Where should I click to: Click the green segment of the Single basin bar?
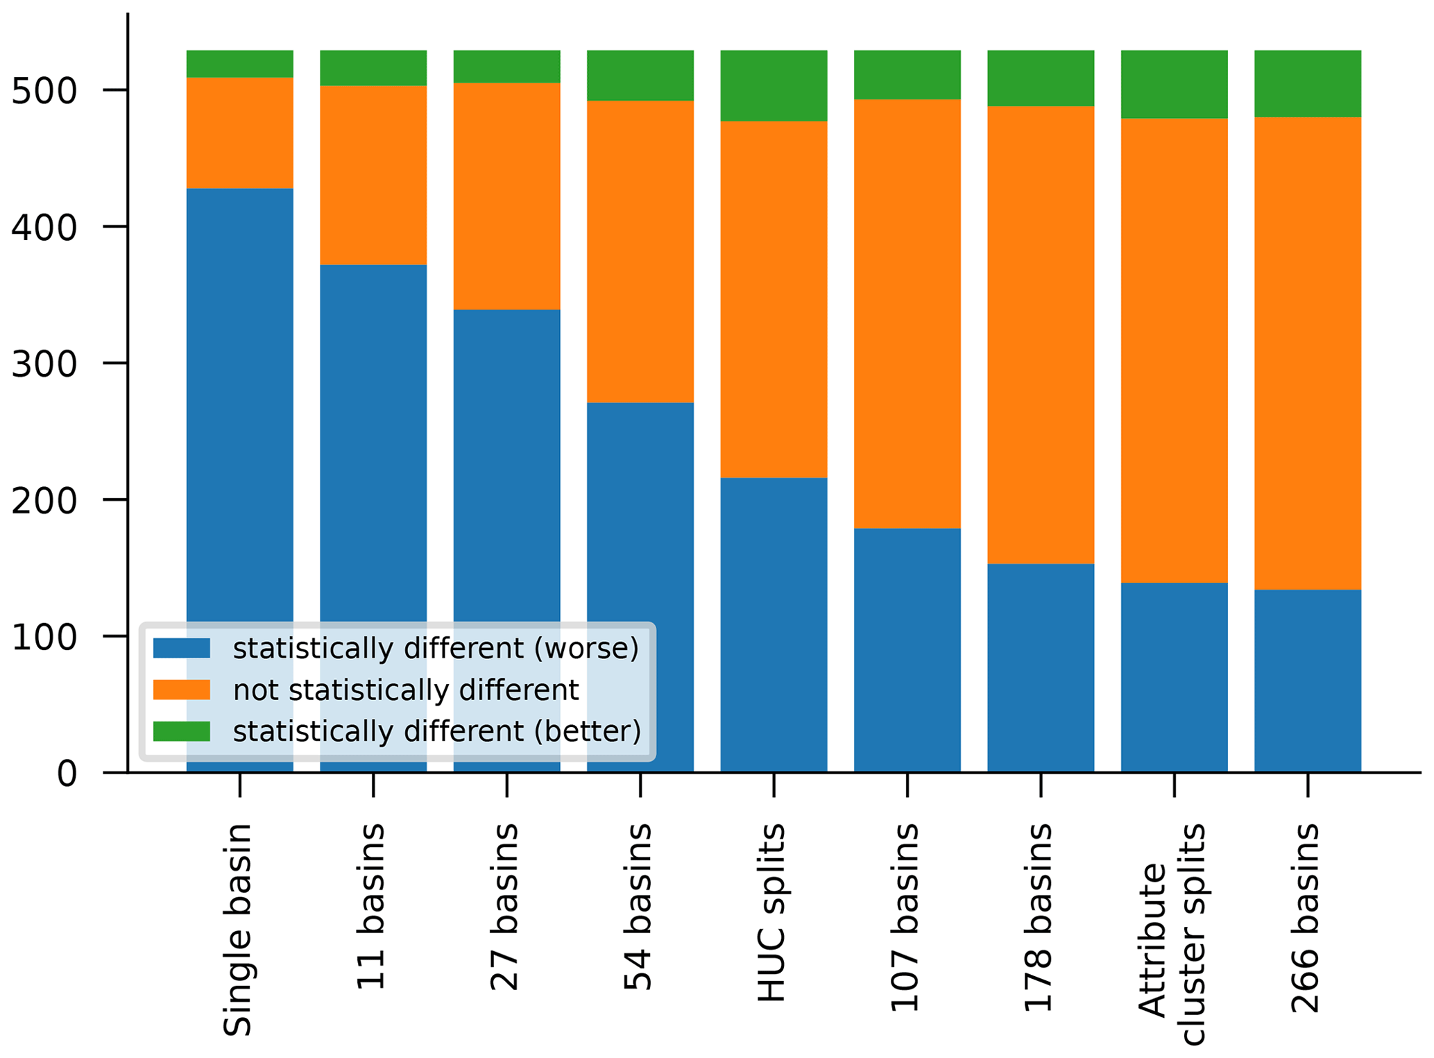point(239,64)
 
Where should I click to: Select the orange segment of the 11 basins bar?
point(373,175)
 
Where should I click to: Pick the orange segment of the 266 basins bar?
point(1307,353)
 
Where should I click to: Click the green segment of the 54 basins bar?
point(640,76)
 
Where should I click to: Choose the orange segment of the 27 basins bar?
point(506,196)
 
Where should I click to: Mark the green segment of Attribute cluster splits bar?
point(1174,84)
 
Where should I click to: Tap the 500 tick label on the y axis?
point(44,91)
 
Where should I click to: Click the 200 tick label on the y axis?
point(44,500)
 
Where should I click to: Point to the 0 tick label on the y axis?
point(67,773)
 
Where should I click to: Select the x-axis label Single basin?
point(237,930)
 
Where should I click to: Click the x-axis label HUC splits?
point(771,913)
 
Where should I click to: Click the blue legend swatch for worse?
point(181,648)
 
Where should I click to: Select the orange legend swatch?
point(181,690)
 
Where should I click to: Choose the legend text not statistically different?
point(406,690)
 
